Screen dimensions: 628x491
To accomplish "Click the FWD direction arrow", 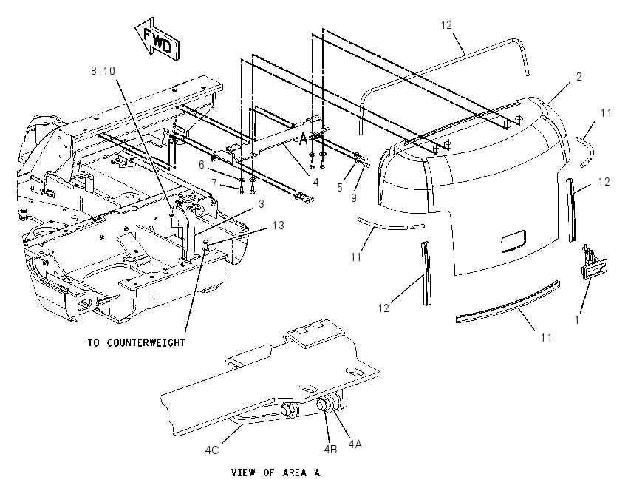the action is coord(157,39).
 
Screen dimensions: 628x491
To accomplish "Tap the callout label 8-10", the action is coord(103,71).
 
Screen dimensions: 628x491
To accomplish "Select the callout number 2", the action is coord(579,77).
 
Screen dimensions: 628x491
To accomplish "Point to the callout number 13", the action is coord(278,226).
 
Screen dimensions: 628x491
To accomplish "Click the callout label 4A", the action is coord(355,444).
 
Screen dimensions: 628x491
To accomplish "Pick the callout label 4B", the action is coord(330,450).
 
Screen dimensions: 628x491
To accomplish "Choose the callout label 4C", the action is coord(212,450).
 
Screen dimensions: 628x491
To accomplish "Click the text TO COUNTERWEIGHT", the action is coord(136,342).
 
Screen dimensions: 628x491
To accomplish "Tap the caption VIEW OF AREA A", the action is coord(276,473).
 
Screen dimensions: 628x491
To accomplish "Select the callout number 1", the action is coord(577,320).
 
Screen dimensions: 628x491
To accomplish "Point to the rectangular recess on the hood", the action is coord(514,241).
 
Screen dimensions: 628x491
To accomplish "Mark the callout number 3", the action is coord(262,204).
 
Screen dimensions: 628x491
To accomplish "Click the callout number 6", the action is coord(202,165).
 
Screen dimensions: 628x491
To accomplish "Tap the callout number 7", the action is coord(215,183).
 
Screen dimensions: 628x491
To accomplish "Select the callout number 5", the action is coord(340,188).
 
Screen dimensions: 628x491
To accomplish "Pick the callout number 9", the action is coord(354,198).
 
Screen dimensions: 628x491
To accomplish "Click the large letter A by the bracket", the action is coord(303,139).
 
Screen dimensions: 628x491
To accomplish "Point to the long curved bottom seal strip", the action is coord(508,302).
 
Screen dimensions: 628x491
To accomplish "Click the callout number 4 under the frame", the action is coord(315,183).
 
